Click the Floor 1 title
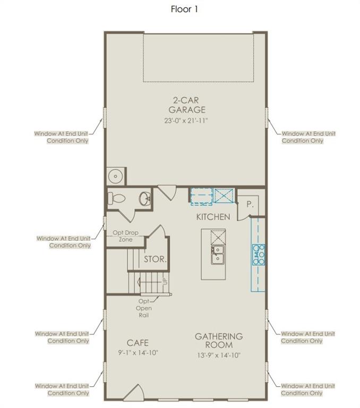[x=184, y=10]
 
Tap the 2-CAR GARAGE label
[x=187, y=105]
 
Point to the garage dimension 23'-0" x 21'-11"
[x=186, y=121]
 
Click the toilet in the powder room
[x=116, y=199]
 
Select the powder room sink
[x=145, y=199]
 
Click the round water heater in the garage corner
[x=116, y=176]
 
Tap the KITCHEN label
[x=213, y=217]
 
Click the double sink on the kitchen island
[x=218, y=254]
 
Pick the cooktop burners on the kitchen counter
[x=258, y=254]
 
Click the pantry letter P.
[x=250, y=204]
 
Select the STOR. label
[x=155, y=259]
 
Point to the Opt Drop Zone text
[x=125, y=236]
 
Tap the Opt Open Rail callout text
[x=144, y=308]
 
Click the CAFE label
[x=138, y=343]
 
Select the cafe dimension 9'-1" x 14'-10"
[x=138, y=353]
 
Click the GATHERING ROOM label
[x=219, y=341]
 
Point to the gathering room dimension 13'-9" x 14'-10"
[x=219, y=355]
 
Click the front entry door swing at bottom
[x=134, y=393]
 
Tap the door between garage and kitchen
[x=168, y=192]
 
